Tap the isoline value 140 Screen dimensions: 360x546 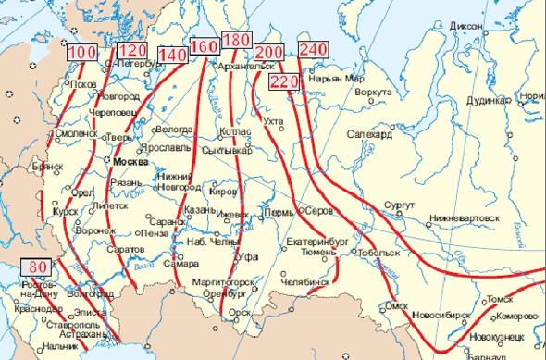(173, 56)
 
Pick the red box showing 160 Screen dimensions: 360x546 (204, 45)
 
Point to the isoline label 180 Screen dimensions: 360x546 (237, 41)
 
